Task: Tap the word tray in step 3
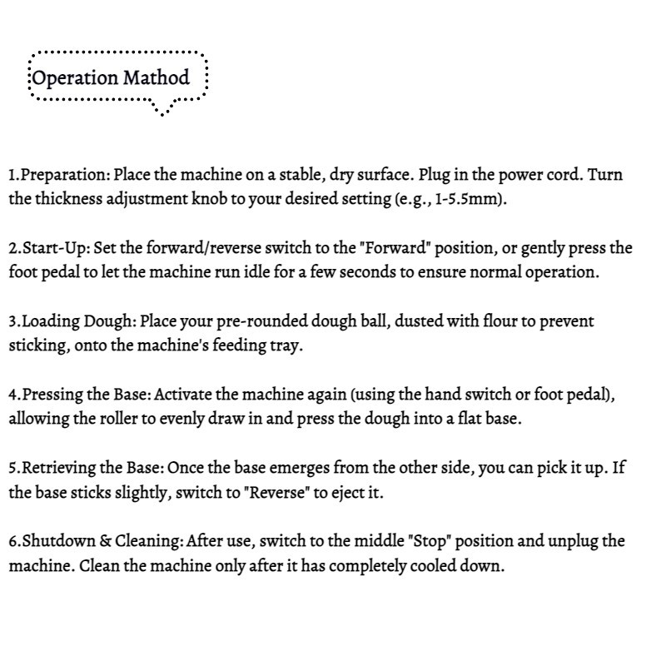point(284,345)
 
